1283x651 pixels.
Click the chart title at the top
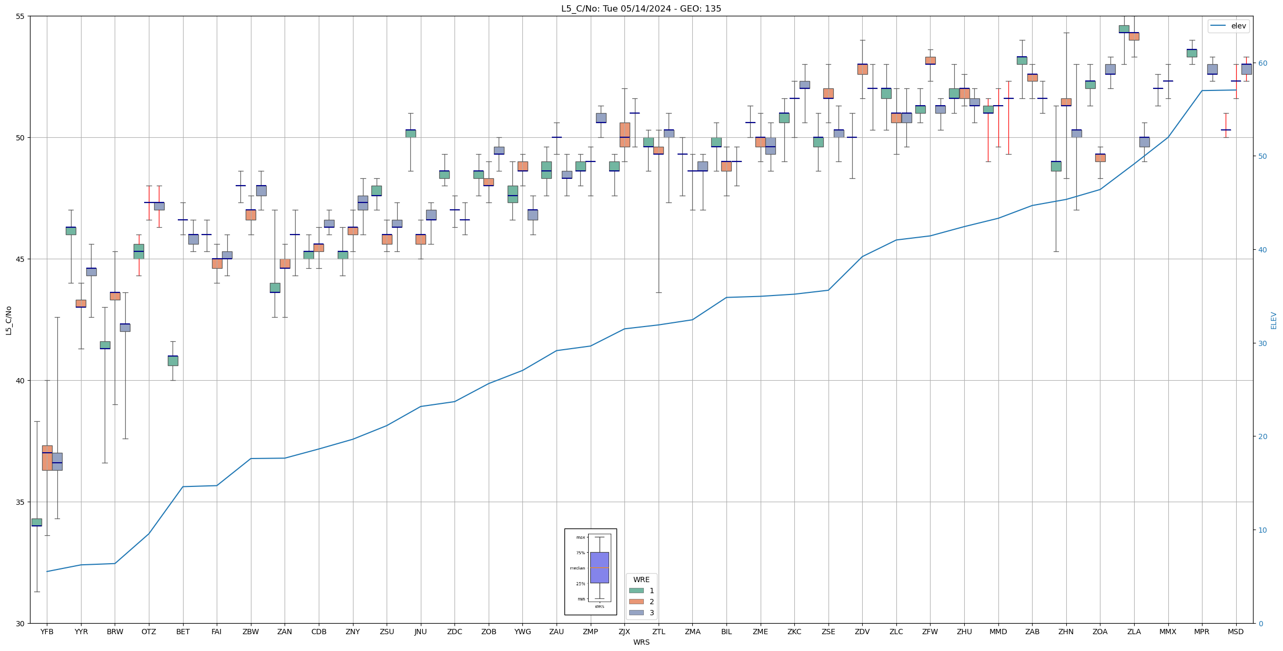point(641,8)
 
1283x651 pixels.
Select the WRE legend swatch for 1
point(636,591)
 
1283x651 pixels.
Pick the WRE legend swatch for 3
point(636,613)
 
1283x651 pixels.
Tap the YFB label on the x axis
point(47,632)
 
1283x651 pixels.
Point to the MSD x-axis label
point(1236,632)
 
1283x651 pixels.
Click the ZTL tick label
point(659,632)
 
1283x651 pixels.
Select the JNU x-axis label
point(421,632)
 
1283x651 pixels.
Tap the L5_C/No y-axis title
point(8,320)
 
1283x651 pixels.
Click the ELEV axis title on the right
point(1274,320)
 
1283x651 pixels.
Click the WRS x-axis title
point(641,642)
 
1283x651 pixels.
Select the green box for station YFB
point(37,522)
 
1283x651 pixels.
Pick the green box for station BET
point(173,361)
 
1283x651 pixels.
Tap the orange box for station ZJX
point(624,135)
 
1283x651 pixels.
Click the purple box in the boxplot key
point(599,567)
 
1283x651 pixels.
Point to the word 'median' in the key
point(577,568)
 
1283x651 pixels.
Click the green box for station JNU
point(410,134)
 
